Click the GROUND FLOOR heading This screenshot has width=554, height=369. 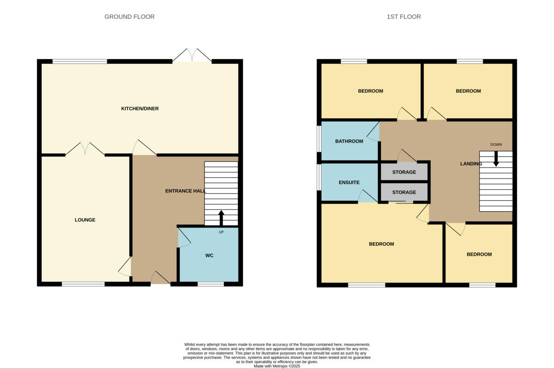(x=129, y=17)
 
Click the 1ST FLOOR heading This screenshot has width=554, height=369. (x=403, y=17)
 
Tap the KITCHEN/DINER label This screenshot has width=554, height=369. (x=140, y=108)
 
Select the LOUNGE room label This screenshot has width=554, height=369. (x=85, y=220)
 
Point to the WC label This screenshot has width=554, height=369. (x=209, y=255)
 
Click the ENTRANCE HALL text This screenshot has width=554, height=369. (x=185, y=191)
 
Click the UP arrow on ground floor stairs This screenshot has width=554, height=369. (x=221, y=217)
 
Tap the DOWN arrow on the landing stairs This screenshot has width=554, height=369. (x=496, y=159)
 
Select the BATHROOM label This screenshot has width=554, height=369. (x=349, y=141)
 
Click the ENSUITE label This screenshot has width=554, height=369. (x=349, y=183)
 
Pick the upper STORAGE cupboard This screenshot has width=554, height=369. (x=404, y=172)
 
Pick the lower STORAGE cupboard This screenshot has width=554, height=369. (x=404, y=192)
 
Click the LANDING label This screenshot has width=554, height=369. (x=470, y=164)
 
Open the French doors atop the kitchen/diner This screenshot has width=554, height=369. (x=192, y=55)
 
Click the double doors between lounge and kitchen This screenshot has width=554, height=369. (x=85, y=149)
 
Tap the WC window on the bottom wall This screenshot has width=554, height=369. (x=211, y=284)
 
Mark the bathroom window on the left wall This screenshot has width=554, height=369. (x=319, y=138)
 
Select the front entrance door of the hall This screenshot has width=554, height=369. (x=160, y=278)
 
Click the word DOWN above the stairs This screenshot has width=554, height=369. (x=496, y=144)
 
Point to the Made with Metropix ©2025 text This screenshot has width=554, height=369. (x=277, y=366)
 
